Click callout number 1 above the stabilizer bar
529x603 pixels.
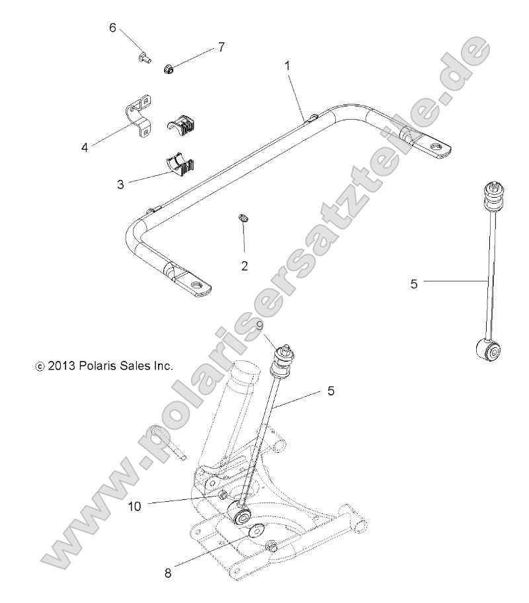point(287,66)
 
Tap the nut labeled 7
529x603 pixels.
point(167,68)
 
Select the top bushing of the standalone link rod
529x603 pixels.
point(492,195)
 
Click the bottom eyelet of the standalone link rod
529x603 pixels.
point(492,352)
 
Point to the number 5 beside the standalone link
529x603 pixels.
point(414,284)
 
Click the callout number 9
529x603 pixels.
point(259,325)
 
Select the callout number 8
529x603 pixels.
point(168,573)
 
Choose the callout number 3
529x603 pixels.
point(120,184)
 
